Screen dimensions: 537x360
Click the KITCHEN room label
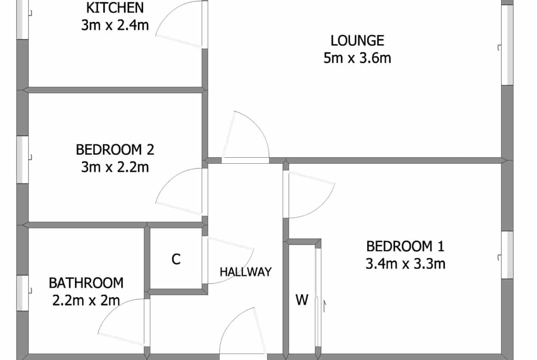115,8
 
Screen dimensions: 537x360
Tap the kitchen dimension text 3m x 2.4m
115,25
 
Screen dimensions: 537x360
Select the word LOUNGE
357,41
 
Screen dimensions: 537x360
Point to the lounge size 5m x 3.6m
357,58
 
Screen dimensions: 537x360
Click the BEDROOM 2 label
115,150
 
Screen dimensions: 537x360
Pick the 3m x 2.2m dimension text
115,167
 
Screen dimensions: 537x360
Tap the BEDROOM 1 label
405,246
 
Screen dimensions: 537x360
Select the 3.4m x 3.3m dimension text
405,264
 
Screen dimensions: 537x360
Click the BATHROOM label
86,283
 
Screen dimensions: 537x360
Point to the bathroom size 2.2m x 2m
86,300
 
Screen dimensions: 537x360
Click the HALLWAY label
246,272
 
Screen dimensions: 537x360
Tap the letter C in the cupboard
176,260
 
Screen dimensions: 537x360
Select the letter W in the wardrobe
302,300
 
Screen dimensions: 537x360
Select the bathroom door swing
113,310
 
